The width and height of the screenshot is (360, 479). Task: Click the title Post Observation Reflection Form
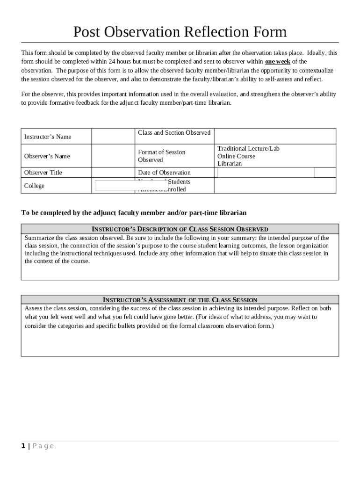pos(180,32)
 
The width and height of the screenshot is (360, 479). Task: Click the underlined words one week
pos(278,62)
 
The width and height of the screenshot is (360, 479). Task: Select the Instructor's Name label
pos(48,137)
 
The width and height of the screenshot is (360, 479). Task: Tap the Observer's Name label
pos(47,156)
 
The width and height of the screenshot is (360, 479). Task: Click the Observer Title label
pos(43,173)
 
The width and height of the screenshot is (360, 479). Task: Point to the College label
pos(34,186)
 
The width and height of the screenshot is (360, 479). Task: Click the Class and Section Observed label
pos(174,133)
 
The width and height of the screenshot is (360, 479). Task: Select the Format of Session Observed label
pos(161,156)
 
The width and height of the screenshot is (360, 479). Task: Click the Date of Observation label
pos(164,173)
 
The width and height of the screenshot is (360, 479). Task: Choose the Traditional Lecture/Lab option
pos(248,148)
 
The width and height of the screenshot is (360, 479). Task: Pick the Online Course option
pos(236,156)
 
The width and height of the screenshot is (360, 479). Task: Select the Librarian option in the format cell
pos(230,164)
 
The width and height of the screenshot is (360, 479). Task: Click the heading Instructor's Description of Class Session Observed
pos(180,229)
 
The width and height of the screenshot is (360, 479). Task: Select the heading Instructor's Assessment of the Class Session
pos(180,300)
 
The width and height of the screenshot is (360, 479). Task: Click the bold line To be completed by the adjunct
pos(134,213)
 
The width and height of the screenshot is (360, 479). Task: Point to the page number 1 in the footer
pos(23,446)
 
